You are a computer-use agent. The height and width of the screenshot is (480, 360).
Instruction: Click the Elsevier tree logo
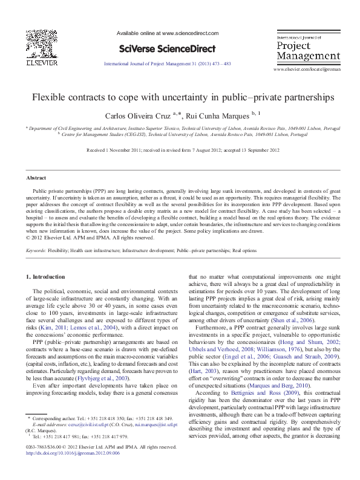click(41, 36)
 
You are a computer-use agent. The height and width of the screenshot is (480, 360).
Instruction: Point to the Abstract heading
click(35, 178)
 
